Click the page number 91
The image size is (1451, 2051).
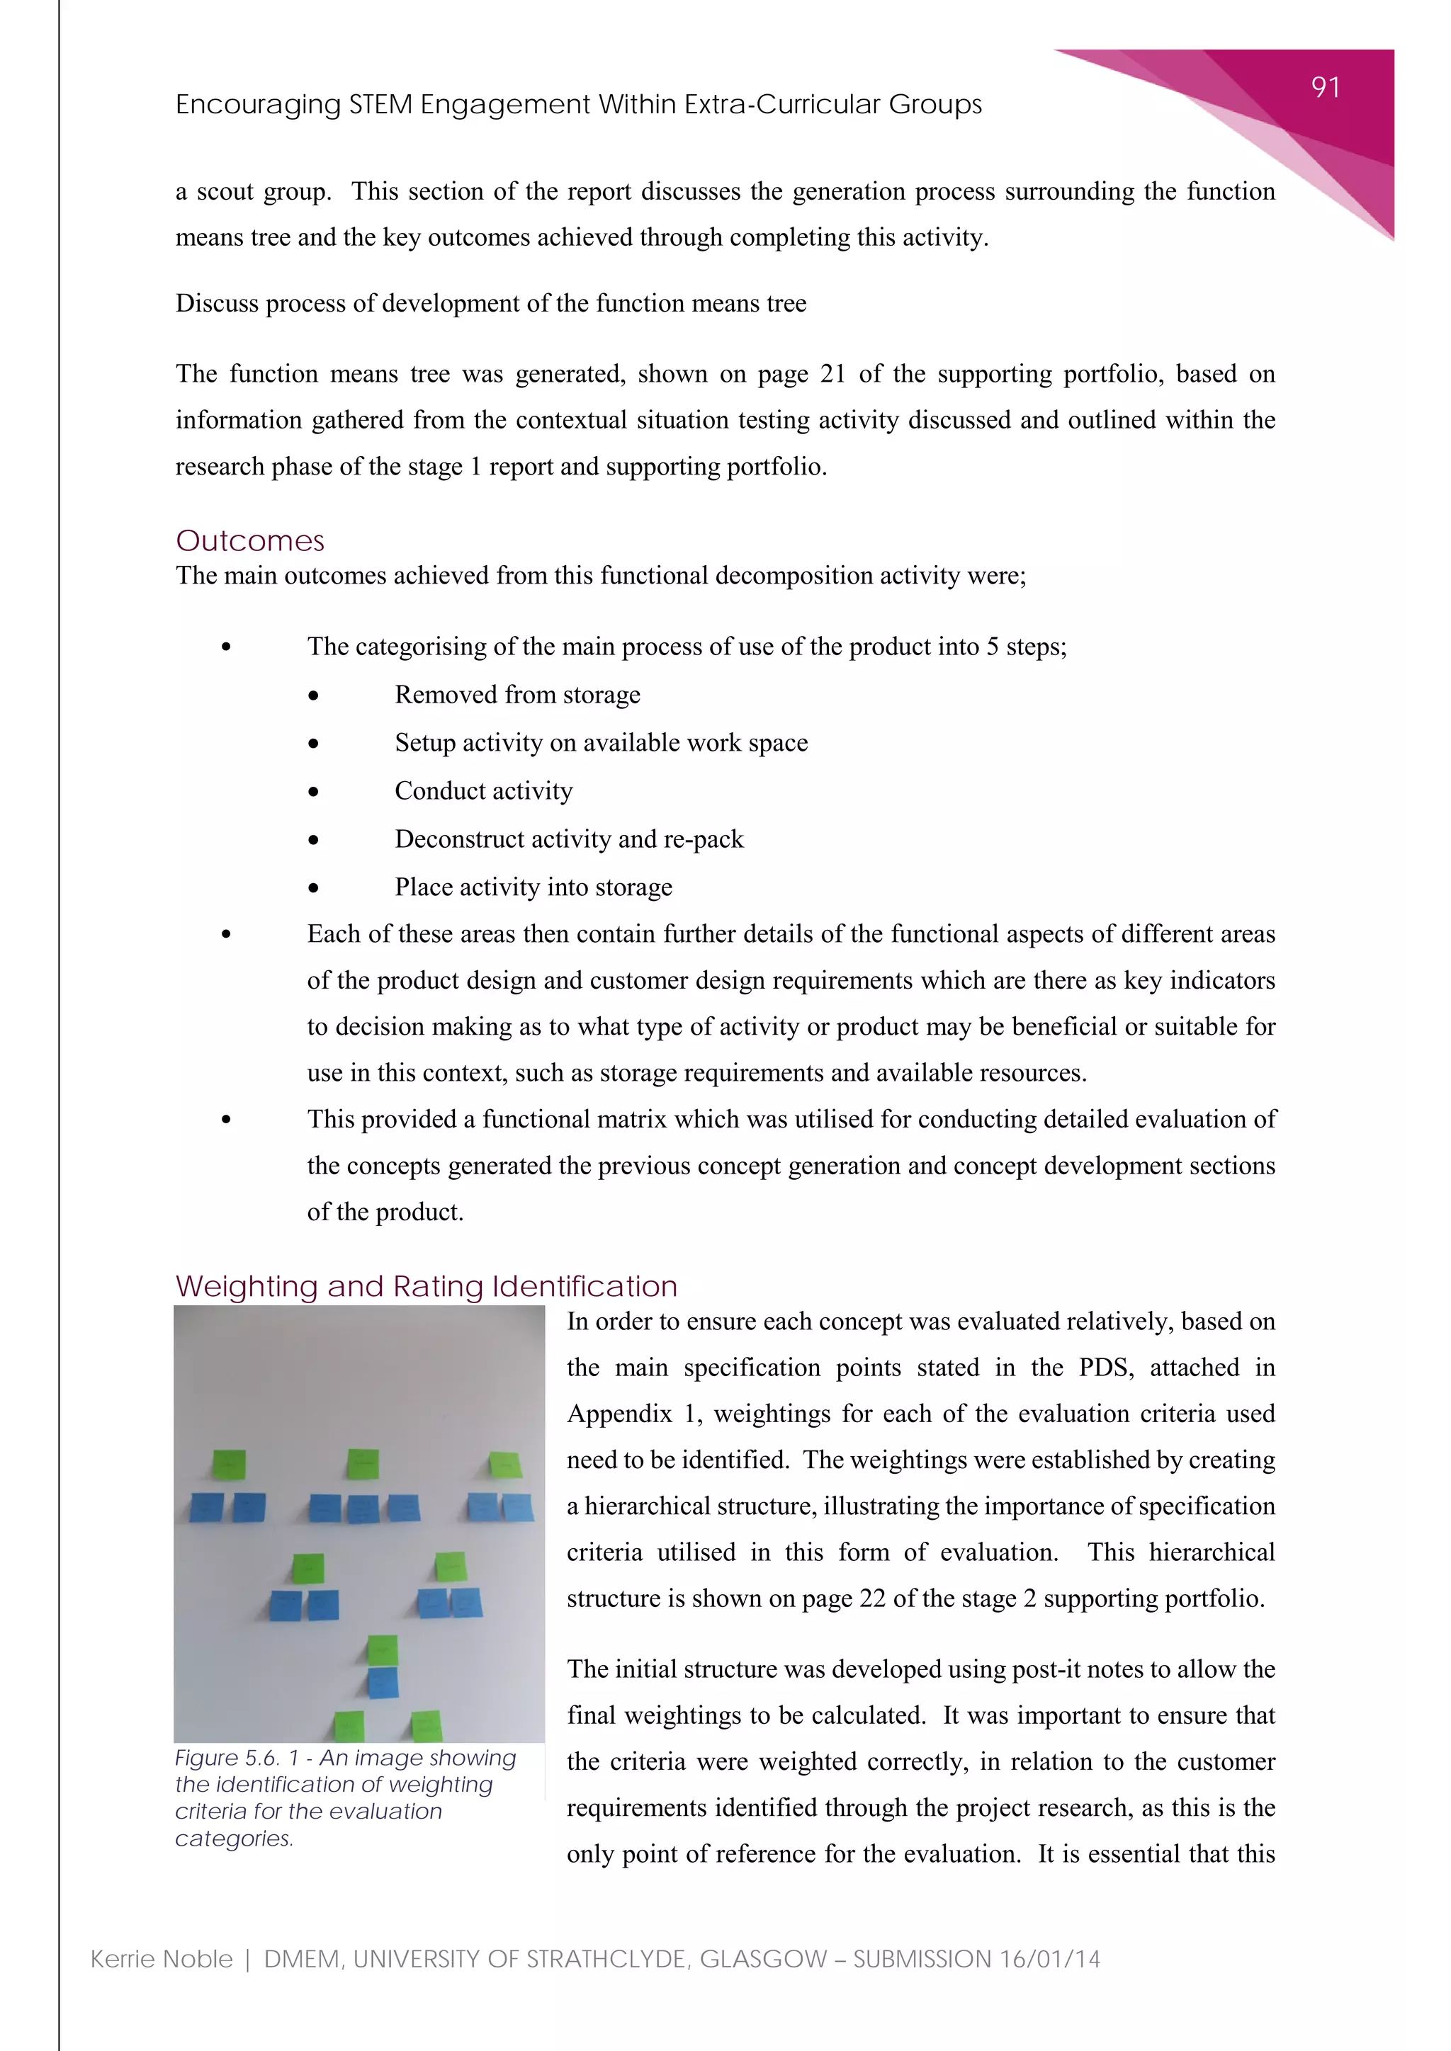tap(1325, 88)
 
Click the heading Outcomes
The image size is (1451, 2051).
tap(250, 540)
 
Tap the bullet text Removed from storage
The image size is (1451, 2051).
tap(517, 694)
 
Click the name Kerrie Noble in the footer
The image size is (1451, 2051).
tap(162, 1959)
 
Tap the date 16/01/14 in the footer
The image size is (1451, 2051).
tap(1050, 1959)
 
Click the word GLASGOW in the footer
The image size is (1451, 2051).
tap(763, 1959)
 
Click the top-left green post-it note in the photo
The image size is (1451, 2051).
tap(229, 1465)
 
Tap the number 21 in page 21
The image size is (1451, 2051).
tap(832, 373)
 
